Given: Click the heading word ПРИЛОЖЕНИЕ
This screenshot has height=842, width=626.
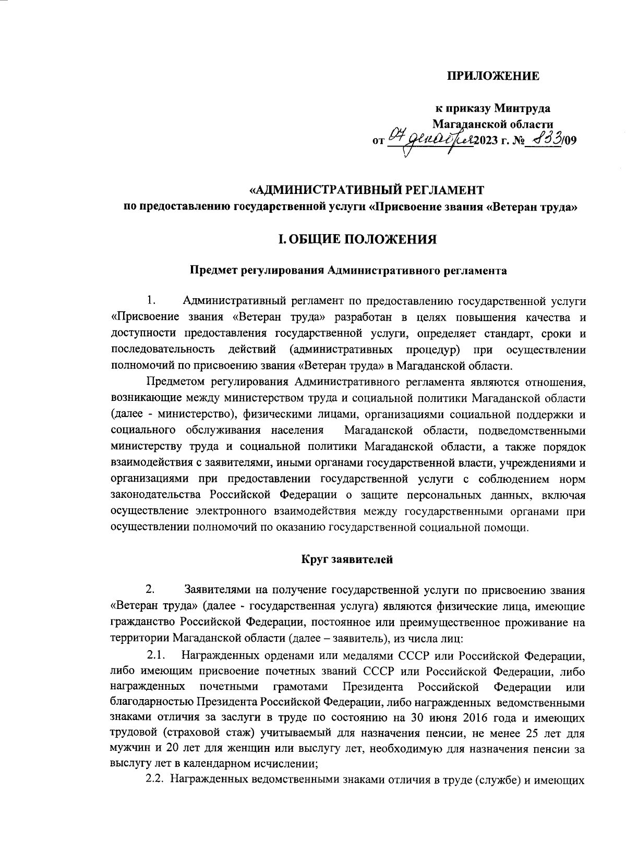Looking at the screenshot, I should tap(492, 77).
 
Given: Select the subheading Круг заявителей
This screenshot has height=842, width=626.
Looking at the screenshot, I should tap(347, 559).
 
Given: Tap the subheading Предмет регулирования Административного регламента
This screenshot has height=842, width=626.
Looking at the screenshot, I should tap(347, 271).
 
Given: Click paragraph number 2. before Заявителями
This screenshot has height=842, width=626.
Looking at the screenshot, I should tap(150, 590).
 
